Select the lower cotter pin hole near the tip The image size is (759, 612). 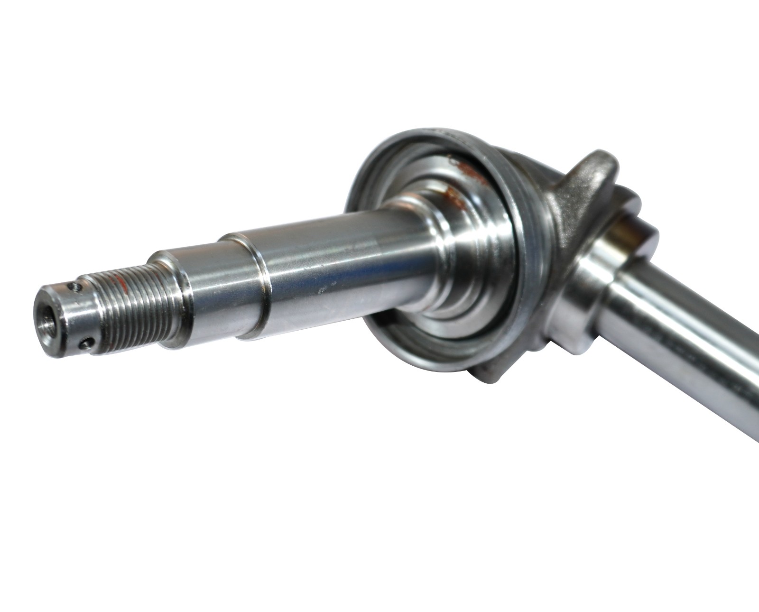[x=85, y=340]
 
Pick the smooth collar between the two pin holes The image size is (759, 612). [x=71, y=313]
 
